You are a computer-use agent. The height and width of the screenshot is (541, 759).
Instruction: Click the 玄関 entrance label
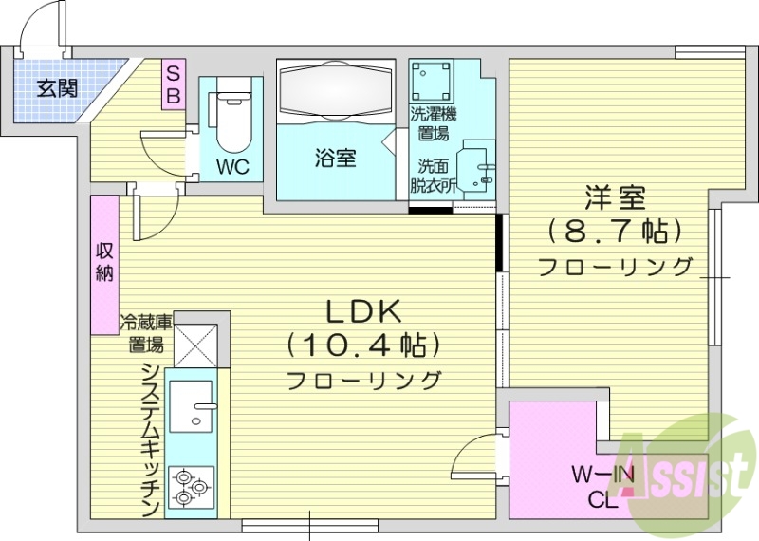pos(57,89)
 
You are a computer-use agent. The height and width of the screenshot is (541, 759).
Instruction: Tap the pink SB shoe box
pos(174,84)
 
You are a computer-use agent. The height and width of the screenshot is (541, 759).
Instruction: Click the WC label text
pos(231,168)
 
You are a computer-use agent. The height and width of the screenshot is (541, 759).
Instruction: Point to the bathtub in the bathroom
pos(335,93)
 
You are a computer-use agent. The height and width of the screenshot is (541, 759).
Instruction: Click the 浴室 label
pos(335,159)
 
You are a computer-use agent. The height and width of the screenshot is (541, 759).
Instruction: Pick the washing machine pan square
pos(432,80)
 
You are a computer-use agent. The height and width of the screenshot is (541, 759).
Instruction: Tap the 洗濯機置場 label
pos(430,123)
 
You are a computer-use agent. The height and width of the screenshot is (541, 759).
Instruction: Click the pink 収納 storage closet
pos(104,264)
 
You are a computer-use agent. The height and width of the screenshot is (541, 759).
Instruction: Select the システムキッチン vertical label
pos(149,438)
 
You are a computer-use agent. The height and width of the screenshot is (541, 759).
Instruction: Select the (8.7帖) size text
pos(615,231)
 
